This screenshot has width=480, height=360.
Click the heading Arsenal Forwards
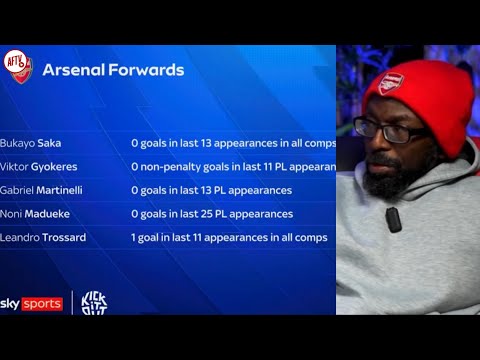[x=113, y=70]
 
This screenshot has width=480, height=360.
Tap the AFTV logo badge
[x=18, y=65]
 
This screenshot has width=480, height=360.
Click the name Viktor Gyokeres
[x=39, y=166]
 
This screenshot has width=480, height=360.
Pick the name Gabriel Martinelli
[x=42, y=189]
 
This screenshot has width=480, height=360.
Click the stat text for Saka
[x=232, y=142]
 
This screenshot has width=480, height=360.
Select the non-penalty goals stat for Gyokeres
[x=232, y=166]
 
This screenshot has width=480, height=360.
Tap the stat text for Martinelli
[x=211, y=189]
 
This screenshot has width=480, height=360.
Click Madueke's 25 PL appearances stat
[x=211, y=213]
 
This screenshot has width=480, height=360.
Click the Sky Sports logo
[x=31, y=303]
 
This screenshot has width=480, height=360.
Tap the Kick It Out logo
[x=93, y=303]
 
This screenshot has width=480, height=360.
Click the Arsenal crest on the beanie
[x=392, y=83]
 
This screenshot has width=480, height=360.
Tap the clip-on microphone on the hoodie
[x=393, y=219]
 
